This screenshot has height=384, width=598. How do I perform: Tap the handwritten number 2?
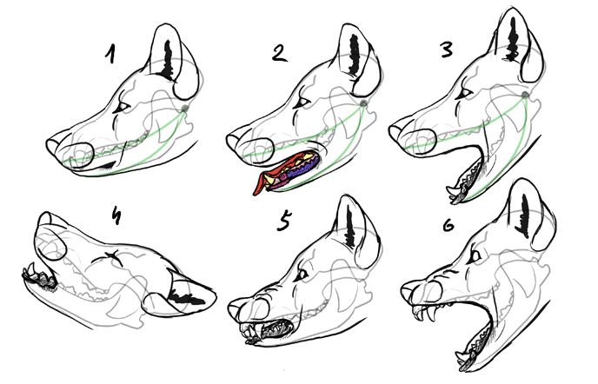tap(278, 53)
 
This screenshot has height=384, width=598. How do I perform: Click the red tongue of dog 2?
tap(262, 181)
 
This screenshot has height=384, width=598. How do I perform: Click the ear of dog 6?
tap(525, 214)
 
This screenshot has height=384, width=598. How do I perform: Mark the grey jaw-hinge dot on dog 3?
tap(526, 95)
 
